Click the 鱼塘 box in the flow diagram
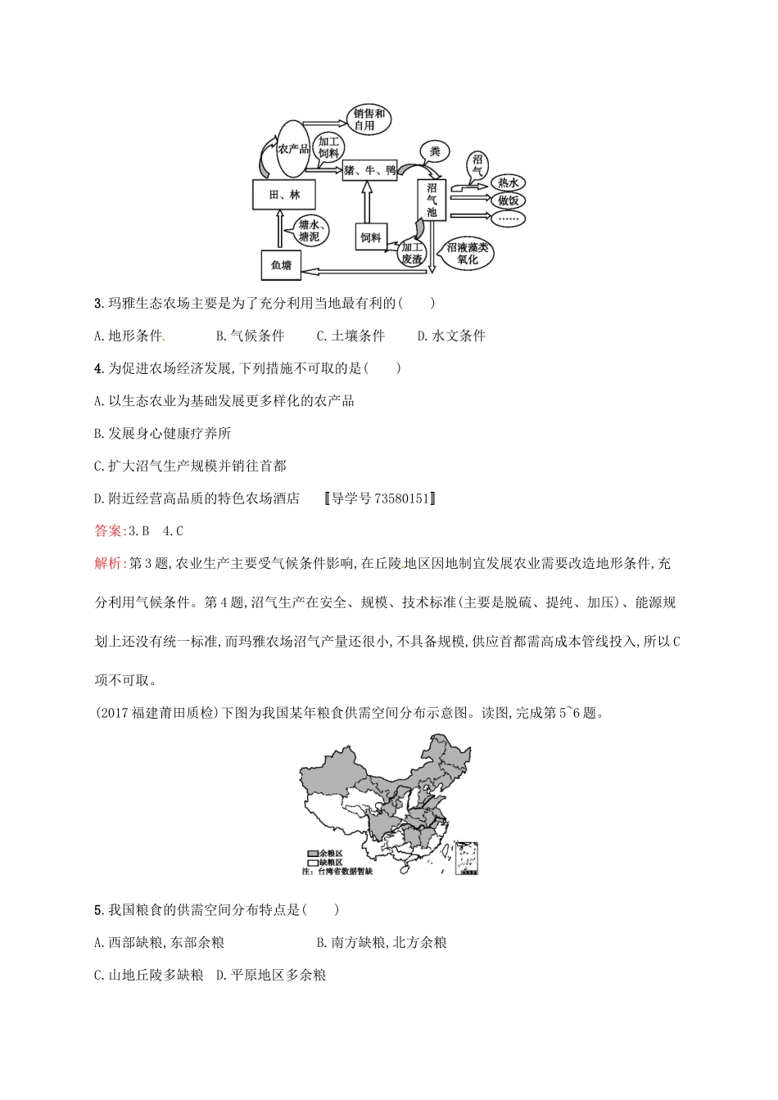[x=281, y=264]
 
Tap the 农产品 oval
[x=292, y=148]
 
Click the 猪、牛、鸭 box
[x=369, y=170]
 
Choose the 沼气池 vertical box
[x=432, y=199]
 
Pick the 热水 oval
[x=506, y=183]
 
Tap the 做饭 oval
[x=506, y=201]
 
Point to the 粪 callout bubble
[x=435, y=151]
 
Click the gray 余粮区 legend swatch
[x=312, y=853]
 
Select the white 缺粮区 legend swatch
[x=312, y=863]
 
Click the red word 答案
[x=107, y=530]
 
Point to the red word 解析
[x=107, y=563]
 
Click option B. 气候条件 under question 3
[x=250, y=336]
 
